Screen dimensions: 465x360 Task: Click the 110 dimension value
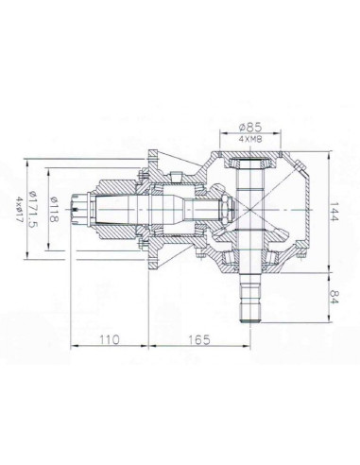(111, 337)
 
